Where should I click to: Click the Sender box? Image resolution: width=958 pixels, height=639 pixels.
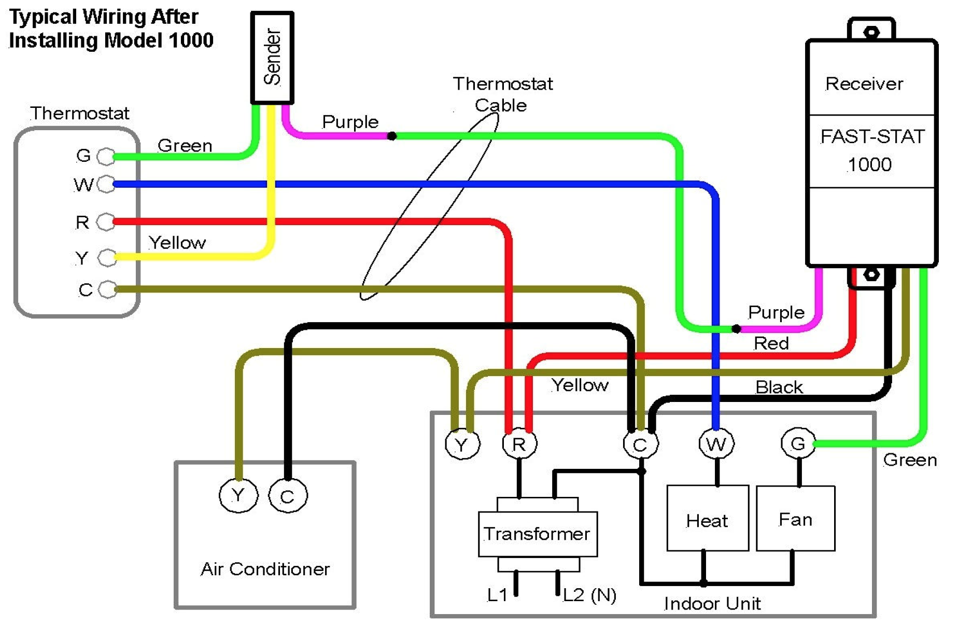click(x=272, y=58)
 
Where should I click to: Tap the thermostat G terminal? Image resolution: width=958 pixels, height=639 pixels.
click(x=106, y=156)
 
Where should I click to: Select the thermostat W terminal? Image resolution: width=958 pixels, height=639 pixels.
click(x=106, y=184)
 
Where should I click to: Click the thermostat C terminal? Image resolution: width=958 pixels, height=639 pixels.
click(x=107, y=289)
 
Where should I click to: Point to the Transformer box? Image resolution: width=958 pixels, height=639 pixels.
click(x=538, y=534)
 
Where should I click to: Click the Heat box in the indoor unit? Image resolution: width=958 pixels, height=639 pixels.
click(x=707, y=518)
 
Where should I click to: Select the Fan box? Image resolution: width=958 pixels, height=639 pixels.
click(x=795, y=518)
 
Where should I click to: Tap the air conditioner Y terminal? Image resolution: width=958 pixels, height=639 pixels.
click(x=238, y=496)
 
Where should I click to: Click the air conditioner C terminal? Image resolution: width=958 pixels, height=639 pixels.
click(x=288, y=496)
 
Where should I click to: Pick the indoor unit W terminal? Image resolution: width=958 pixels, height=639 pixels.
click(x=716, y=444)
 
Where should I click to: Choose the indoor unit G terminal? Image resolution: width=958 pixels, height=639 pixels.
click(x=798, y=443)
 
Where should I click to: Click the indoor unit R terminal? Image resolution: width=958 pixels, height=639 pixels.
click(x=519, y=444)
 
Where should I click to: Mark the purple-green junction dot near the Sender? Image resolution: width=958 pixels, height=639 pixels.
click(x=392, y=136)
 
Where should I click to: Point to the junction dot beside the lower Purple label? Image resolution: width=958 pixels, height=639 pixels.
click(x=736, y=328)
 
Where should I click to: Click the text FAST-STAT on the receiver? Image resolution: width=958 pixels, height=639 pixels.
click(x=872, y=137)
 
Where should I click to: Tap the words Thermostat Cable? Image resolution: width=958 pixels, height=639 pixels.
click(x=502, y=94)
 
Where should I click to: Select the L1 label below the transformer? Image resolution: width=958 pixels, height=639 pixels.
click(x=497, y=595)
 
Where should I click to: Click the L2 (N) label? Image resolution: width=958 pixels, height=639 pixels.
click(x=589, y=595)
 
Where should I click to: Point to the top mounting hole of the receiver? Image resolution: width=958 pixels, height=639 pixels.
click(x=871, y=33)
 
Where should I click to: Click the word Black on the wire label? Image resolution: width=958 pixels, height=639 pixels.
click(x=779, y=387)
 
